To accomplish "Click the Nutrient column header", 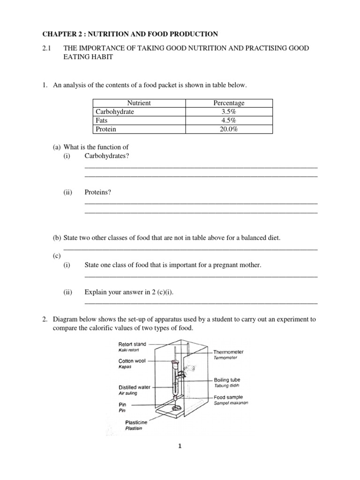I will coord(139,103).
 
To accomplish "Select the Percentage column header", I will coord(229,103).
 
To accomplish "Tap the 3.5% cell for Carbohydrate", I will coord(229,112).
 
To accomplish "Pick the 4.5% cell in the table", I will coord(229,121).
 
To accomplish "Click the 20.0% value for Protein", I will coord(229,130).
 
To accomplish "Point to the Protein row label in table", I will coord(106,130).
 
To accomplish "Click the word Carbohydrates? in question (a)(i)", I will coord(106,156).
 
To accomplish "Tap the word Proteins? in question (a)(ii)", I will coord(98,192).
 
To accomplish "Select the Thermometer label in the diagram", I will coord(228,352).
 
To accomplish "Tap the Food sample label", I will coord(228,397).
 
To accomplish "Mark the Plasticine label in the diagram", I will coord(136,422).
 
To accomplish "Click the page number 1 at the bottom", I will coord(180,447).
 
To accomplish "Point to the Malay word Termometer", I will coord(225,358).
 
